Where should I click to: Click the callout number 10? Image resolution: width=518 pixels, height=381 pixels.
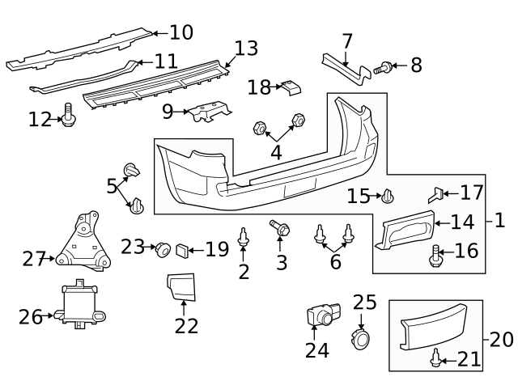pos(182,32)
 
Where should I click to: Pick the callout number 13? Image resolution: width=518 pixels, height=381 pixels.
pos(246,49)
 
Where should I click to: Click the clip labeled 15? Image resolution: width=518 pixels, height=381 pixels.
pos(388,196)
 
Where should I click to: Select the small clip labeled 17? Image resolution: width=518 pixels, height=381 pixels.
pos(435,194)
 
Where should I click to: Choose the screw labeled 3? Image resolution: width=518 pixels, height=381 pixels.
pos(281,230)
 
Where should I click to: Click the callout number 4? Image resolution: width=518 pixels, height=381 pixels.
pos(276,152)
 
